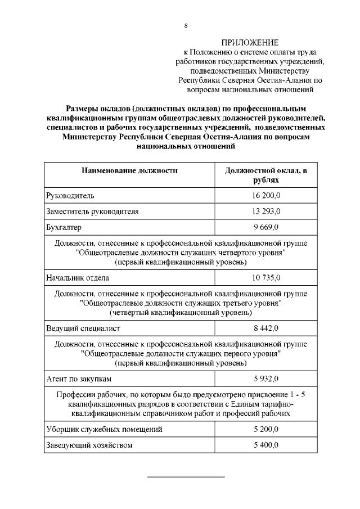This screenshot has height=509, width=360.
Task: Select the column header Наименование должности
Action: click(129, 170)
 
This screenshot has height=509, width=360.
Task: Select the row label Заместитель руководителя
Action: click(92, 211)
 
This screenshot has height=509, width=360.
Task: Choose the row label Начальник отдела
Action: click(78, 278)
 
